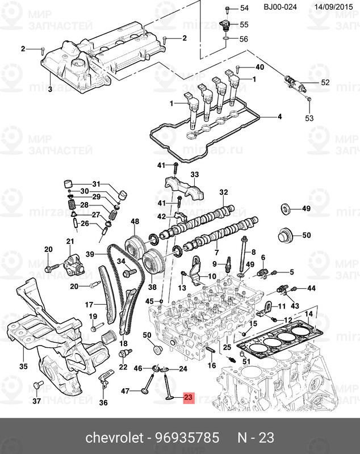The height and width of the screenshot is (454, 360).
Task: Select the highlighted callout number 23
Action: click(188, 398)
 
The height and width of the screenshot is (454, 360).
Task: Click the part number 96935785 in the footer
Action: click(187, 438)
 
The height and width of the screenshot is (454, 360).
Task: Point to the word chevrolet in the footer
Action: click(110, 438)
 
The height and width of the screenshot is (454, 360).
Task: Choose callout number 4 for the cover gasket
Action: click(279, 117)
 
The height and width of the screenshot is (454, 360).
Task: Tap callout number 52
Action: click(325, 83)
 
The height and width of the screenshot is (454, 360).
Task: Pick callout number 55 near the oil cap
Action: click(244, 24)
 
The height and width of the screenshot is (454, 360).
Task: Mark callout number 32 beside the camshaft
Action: click(223, 192)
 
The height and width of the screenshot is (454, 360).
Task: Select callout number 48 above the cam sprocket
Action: click(135, 221)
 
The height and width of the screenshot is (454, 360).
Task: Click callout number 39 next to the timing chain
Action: click(89, 254)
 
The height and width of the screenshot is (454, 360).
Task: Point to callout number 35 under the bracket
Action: click(23, 367)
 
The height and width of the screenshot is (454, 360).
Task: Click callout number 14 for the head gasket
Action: click(308, 314)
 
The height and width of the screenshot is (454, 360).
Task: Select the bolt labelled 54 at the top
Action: click(227, 8)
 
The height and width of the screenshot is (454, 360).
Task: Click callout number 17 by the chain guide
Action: click(89, 305)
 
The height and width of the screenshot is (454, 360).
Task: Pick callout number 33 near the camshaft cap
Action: click(194, 174)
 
